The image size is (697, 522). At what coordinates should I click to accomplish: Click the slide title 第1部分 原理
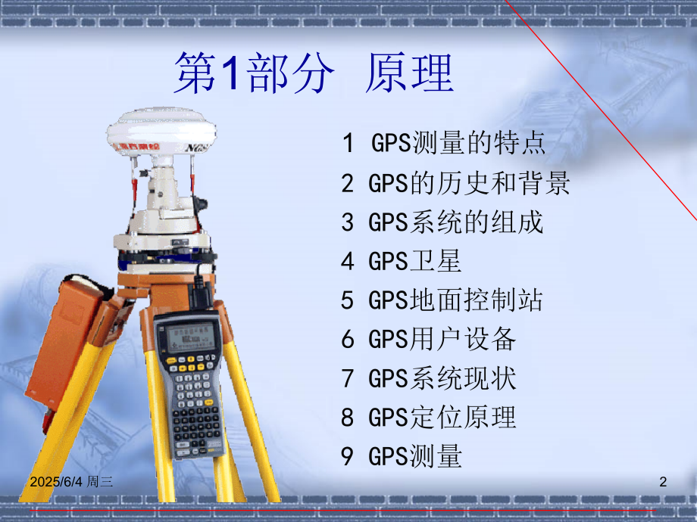pos(314,74)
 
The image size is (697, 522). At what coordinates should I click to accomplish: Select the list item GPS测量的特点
pos(443,143)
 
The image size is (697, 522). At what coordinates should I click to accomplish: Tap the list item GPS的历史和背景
pos(455,183)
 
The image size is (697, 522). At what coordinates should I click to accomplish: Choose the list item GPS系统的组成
pos(442,222)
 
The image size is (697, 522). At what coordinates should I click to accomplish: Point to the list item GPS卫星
pos(402,262)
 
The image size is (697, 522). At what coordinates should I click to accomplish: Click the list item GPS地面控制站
pos(442,300)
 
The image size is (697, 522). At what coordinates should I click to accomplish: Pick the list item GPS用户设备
pos(429,340)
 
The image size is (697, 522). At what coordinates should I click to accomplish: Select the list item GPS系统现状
pos(429,378)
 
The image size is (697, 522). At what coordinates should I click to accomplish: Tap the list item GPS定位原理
pos(429,417)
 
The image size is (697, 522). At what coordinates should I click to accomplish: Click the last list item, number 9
pos(402,456)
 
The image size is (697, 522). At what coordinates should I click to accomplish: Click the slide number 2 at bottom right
pos(663,481)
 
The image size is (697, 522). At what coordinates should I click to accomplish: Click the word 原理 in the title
pos(409,74)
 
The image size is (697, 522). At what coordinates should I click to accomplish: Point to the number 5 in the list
pos(348,301)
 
